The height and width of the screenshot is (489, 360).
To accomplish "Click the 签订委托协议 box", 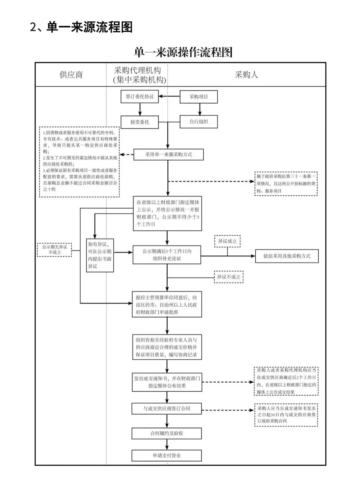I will click(x=140, y=97).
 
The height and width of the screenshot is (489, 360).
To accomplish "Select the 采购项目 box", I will click(x=199, y=97).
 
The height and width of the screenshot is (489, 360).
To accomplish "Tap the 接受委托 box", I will click(x=140, y=122).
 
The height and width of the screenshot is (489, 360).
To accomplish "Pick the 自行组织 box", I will click(x=199, y=122).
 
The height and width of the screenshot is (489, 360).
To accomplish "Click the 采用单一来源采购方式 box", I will click(x=168, y=154).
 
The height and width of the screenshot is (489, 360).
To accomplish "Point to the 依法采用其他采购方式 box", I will click(x=287, y=256).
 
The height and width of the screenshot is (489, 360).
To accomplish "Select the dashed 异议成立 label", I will click(x=227, y=241).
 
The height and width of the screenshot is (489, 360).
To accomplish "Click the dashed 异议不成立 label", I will click(x=229, y=277).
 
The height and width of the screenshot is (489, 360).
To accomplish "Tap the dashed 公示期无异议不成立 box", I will click(x=54, y=250).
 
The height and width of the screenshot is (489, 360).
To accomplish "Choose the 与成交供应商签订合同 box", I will click(x=167, y=409).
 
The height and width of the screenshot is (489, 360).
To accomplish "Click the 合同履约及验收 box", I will click(x=167, y=433).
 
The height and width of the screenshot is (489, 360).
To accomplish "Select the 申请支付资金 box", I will click(x=167, y=455).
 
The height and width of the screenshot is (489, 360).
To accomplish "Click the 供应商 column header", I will click(x=71, y=75).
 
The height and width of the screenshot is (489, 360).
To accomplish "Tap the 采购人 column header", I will click(x=246, y=75).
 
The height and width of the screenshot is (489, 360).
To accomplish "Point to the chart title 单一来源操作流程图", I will click(x=183, y=52).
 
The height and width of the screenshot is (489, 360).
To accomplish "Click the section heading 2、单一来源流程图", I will click(x=81, y=27).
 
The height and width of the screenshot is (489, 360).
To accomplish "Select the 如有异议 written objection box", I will click(x=100, y=255).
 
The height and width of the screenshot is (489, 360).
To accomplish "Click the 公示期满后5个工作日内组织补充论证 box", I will click(x=167, y=255).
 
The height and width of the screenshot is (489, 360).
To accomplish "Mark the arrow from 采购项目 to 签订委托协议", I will click(x=169, y=97).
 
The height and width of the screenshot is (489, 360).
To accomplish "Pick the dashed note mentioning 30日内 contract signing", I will click(x=286, y=415).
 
